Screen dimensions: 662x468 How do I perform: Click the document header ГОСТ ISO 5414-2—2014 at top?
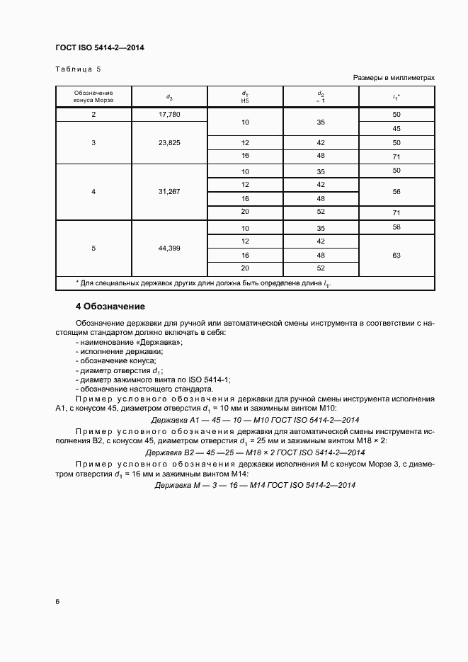click(x=100, y=47)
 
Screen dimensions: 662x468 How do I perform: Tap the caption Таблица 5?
click(x=79, y=69)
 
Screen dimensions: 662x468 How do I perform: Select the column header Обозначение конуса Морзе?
click(x=93, y=96)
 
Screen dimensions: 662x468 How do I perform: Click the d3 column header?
click(x=169, y=97)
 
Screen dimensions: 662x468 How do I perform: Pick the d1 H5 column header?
click(x=245, y=96)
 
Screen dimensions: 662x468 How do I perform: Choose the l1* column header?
click(x=396, y=97)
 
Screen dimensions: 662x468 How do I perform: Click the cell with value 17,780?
click(x=169, y=115)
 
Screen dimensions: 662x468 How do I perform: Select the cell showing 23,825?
click(x=169, y=142)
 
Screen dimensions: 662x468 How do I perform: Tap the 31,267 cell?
click(x=169, y=191)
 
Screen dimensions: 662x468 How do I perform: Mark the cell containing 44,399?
click(x=169, y=248)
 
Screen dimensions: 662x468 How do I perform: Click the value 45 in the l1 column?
click(x=396, y=128)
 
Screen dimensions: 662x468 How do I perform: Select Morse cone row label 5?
click(x=93, y=248)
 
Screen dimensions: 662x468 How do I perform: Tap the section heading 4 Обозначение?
click(x=110, y=307)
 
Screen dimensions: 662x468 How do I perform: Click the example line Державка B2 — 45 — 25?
click(x=255, y=452)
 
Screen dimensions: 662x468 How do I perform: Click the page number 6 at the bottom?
click(x=57, y=601)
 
